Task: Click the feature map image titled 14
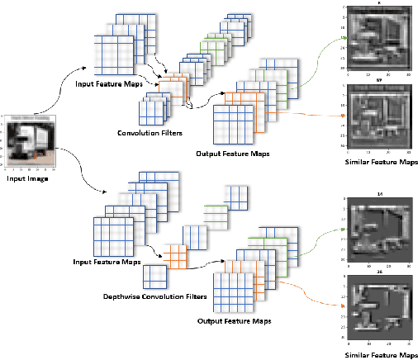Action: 378,228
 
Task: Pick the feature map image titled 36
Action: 378,306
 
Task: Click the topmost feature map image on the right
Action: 378,38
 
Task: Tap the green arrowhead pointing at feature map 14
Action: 342,229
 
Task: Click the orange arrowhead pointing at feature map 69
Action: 342,116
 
